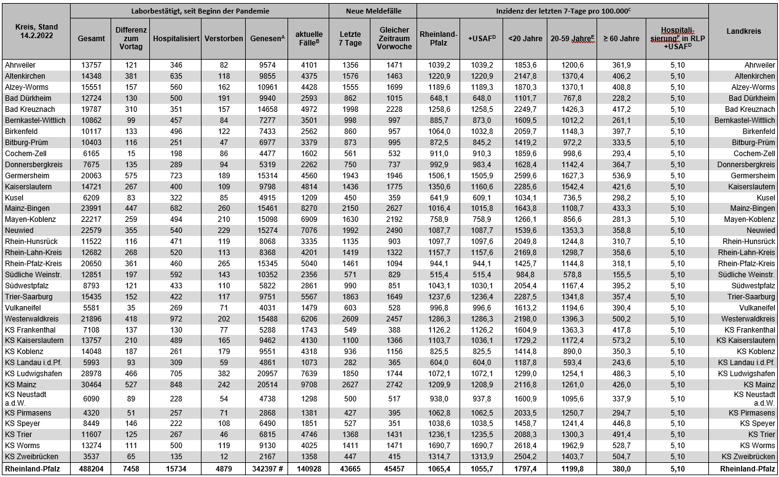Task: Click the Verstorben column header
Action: pos(222,38)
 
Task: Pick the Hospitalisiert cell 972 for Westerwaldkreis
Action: pos(176,319)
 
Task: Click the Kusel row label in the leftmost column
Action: pos(15,197)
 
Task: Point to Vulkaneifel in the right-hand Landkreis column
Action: pos(757,308)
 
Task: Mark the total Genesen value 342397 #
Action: pos(267,469)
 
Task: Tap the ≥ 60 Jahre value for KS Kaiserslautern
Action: pos(621,341)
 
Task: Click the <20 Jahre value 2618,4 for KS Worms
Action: pos(525,445)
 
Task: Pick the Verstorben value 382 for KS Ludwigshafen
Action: pos(222,374)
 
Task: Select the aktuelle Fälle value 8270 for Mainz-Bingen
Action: pos(308,208)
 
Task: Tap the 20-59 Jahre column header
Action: pos(571,38)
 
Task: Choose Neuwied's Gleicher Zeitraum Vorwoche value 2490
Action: pos(394,231)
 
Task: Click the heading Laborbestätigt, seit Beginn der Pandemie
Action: pos(200,11)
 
